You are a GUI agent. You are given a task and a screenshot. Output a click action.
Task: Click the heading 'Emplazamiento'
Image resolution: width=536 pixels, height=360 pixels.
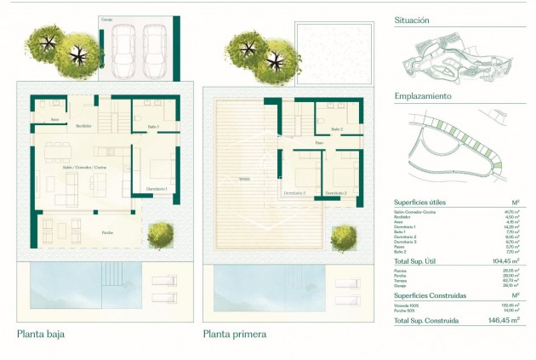(422, 96)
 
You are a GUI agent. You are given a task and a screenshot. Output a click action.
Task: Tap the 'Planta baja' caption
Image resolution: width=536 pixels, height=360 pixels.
(41, 334)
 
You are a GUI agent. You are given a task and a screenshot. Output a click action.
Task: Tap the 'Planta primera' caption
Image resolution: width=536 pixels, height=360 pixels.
(234, 334)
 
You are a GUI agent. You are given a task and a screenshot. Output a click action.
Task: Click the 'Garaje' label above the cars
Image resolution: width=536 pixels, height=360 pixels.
(106, 19)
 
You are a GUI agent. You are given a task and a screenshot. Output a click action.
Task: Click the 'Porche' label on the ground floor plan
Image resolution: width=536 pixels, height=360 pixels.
(108, 231)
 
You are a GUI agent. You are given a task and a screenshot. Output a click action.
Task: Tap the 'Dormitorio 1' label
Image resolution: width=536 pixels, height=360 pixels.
(156, 188)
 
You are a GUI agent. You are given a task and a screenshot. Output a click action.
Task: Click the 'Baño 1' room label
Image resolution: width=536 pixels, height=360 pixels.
(153, 127)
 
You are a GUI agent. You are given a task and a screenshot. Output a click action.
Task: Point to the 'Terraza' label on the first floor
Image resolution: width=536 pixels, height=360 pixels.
(244, 179)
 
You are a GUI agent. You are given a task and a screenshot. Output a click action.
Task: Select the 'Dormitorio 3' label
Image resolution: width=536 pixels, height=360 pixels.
(294, 193)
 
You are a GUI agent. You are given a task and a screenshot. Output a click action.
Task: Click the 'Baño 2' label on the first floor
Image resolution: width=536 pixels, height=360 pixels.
(336, 129)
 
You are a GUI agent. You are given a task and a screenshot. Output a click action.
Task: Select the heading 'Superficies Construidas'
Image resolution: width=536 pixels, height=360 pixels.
(431, 294)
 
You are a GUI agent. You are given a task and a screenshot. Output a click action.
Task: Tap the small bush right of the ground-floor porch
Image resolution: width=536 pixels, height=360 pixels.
(159, 235)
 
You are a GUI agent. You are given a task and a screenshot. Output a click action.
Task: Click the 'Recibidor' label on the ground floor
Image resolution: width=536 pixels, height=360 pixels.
(84, 126)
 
